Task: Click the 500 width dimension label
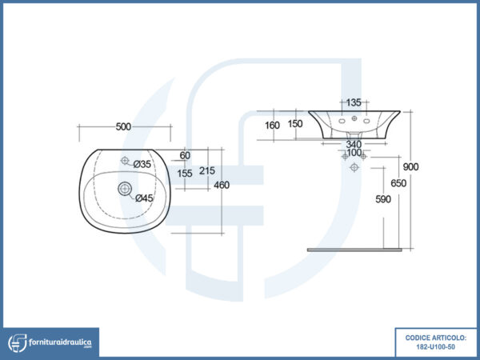click(x=123, y=126)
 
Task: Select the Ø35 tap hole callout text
click(x=142, y=164)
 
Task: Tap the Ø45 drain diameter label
click(x=144, y=198)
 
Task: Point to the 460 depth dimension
click(x=222, y=186)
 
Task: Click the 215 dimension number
click(x=207, y=171)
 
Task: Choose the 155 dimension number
click(x=185, y=174)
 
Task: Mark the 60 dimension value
click(x=185, y=155)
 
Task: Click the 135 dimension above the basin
click(x=354, y=102)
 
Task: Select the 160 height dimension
click(x=272, y=126)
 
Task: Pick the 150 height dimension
click(x=295, y=124)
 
